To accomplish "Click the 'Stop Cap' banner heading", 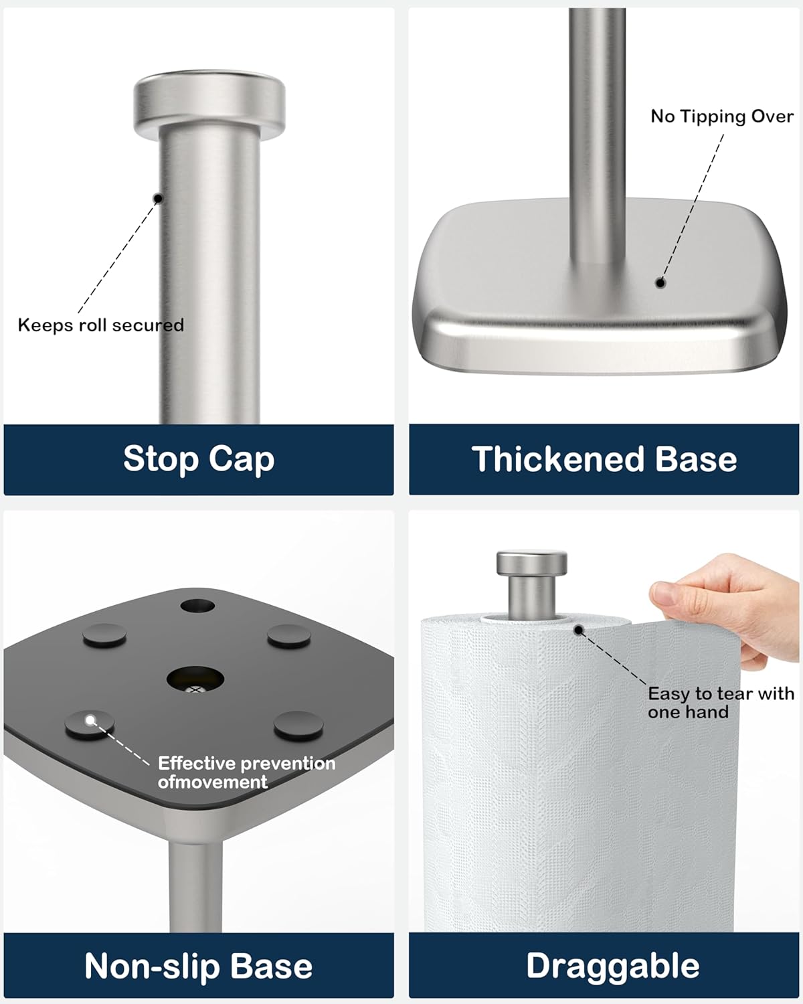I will coord(199,460).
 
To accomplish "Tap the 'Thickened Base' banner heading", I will coord(604,460).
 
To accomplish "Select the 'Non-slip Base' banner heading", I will coord(199,967).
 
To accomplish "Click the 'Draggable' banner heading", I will coord(612,967).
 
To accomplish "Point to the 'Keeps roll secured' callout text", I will coord(100,325).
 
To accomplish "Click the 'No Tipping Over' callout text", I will coord(722,116).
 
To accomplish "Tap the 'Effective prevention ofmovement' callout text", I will coord(246,772).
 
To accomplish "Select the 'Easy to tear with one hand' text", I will coord(721,703).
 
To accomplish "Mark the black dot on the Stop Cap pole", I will coord(159,198).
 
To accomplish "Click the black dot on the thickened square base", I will coord(660,282).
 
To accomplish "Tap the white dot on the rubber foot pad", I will coord(90,721).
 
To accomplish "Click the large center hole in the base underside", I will coord(195,679).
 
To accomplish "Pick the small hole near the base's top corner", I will coord(197,606).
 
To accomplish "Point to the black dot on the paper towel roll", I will coord(579,630).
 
